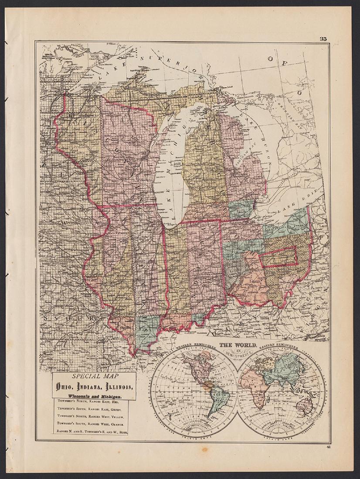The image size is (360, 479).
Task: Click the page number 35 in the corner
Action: [x=323, y=38]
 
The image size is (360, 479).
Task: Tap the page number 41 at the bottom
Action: [x=327, y=446]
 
